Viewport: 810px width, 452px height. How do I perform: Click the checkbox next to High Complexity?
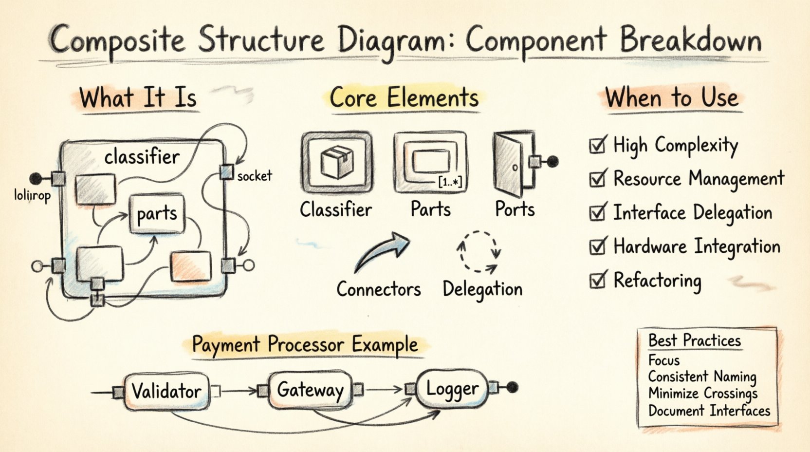pyautogui.click(x=597, y=146)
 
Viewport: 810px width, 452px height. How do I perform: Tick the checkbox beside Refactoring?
pyautogui.click(x=597, y=281)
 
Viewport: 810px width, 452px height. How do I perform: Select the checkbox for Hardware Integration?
pyautogui.click(x=597, y=247)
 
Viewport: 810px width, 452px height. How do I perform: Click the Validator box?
pyautogui.click(x=166, y=391)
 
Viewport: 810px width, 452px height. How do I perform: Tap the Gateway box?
pyautogui.click(x=310, y=390)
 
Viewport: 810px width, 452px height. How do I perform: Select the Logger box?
pyautogui.click(x=452, y=389)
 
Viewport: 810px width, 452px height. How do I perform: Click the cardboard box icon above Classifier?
pyautogui.click(x=337, y=162)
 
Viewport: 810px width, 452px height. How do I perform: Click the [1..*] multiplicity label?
pyautogui.click(x=450, y=183)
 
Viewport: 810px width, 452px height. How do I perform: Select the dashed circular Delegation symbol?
pyautogui.click(x=479, y=251)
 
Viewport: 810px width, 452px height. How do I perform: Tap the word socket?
pyautogui.click(x=254, y=176)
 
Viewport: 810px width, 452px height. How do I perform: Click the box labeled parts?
pyautogui.click(x=157, y=214)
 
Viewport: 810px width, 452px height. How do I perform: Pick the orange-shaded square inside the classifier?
pyautogui.click(x=190, y=267)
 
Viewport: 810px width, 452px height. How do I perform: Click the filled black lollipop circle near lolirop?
pyautogui.click(x=36, y=179)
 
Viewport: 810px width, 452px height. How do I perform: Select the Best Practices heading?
pyautogui.click(x=694, y=340)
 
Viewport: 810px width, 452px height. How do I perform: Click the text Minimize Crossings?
pyautogui.click(x=702, y=393)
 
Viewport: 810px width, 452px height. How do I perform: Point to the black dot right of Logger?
pyautogui.click(x=512, y=388)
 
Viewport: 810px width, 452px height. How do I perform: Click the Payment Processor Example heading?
pyautogui.click(x=305, y=345)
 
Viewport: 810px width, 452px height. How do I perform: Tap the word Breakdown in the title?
pyautogui.click(x=690, y=40)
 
